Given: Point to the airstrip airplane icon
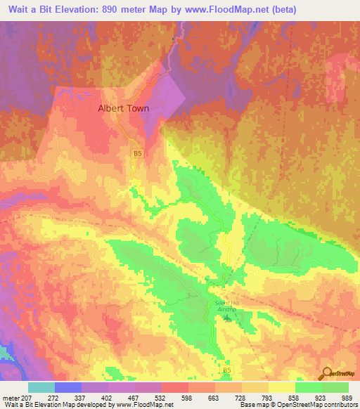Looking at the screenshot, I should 226,318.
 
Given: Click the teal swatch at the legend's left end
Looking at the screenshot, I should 41,388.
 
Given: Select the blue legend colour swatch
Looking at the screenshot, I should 68,388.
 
